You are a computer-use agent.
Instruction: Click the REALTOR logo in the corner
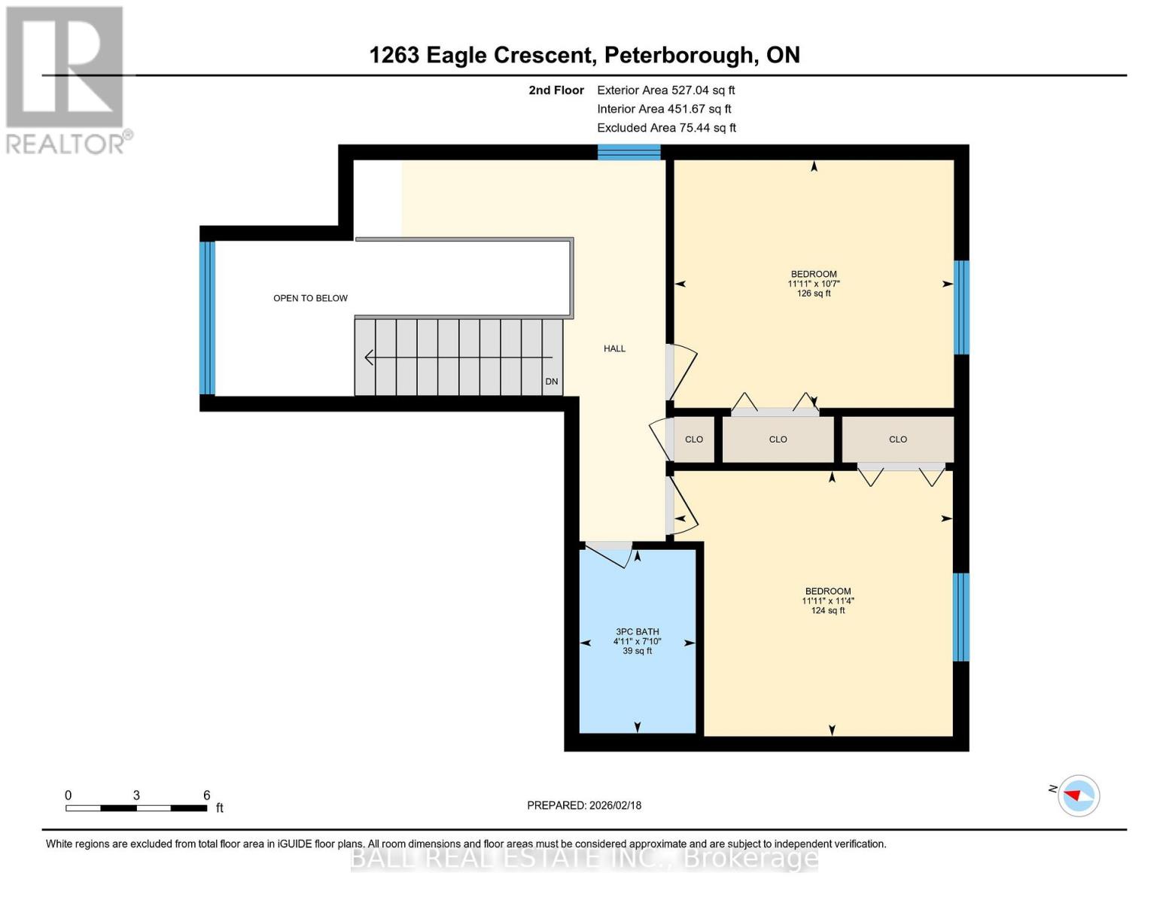tap(66, 80)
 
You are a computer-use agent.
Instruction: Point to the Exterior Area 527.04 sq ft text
tap(665, 90)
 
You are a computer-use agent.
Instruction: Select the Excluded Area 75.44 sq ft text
tap(666, 128)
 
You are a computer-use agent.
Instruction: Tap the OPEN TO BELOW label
tap(310, 298)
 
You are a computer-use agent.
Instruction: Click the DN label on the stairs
tap(552, 382)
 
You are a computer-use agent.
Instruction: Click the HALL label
tap(614, 348)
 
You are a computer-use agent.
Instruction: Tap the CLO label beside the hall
tap(693, 439)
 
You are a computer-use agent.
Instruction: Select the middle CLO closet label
tap(778, 439)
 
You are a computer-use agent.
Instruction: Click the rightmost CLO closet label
tap(897, 439)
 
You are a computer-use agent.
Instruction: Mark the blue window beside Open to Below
tap(207, 318)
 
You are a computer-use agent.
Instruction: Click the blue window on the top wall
tap(629, 153)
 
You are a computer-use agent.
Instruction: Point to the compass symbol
tap(1078, 795)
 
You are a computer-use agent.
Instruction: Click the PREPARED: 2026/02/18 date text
tap(584, 805)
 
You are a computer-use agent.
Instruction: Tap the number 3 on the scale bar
tap(136, 795)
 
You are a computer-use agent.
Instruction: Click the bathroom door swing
tap(610, 555)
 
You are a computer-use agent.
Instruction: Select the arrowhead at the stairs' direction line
tap(369, 357)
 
